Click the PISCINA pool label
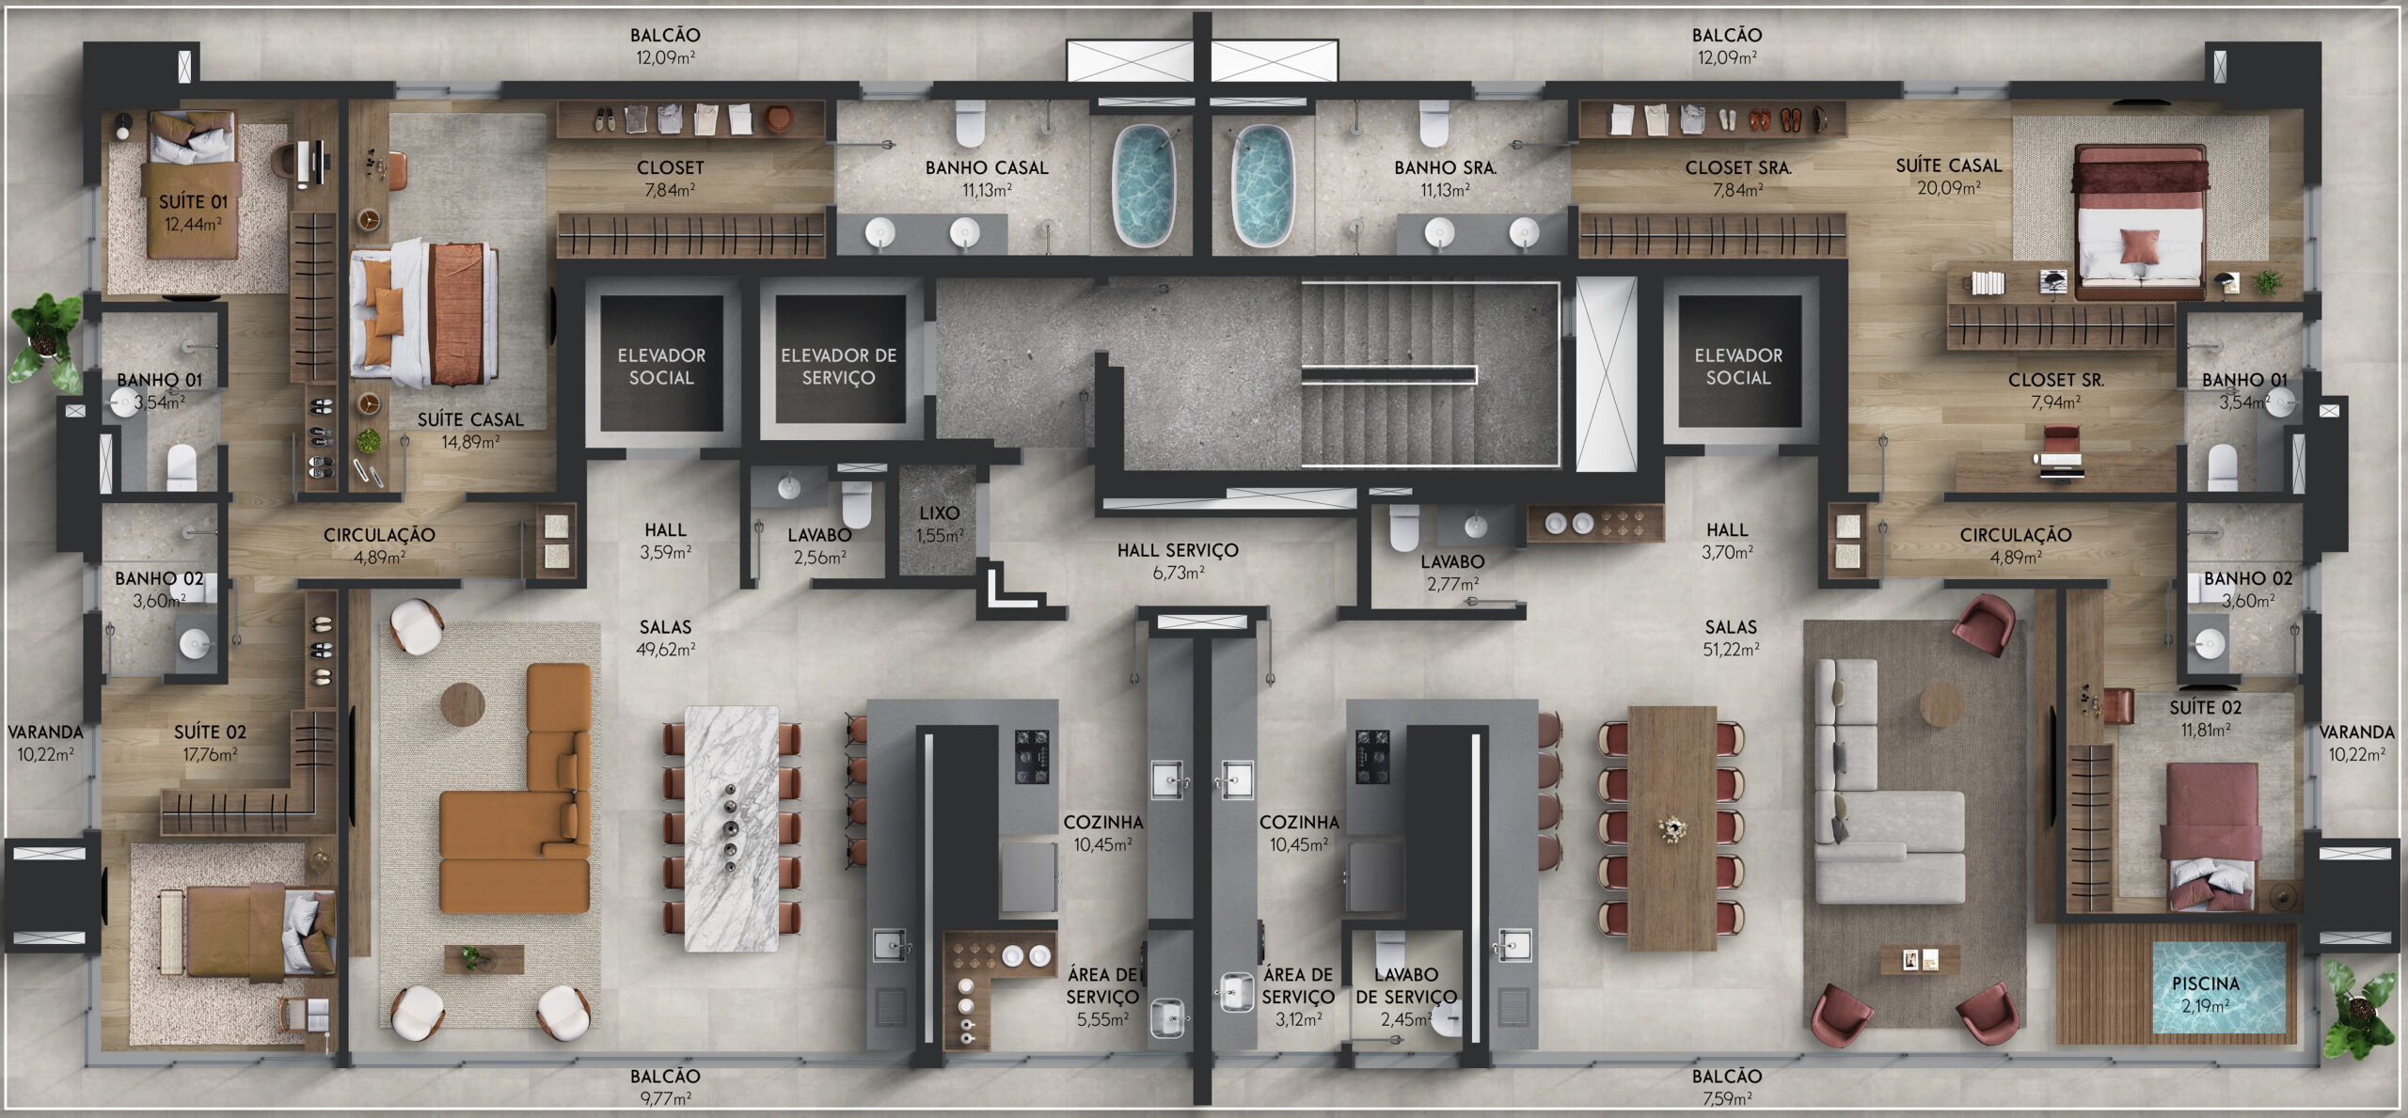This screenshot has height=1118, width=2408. click(x=2205, y=984)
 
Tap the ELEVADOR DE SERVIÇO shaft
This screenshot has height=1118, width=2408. click(x=838, y=359)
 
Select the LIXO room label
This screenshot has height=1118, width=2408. click(x=939, y=513)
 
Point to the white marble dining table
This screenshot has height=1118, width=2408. click(x=732, y=828)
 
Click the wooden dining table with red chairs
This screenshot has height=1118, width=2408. click(x=1671, y=828)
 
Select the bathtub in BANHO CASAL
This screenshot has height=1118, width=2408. click(x=1145, y=186)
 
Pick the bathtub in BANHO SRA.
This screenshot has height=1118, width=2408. click(x=1262, y=186)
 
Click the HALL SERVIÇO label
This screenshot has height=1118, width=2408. click(x=1178, y=550)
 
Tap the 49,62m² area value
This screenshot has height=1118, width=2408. click(x=665, y=650)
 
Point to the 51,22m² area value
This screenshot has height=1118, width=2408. click(x=1731, y=650)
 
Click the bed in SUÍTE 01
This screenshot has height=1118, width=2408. click(x=191, y=184)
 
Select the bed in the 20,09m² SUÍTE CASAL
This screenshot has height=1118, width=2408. click(x=2140, y=222)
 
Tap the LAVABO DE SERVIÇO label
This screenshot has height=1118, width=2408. click(x=1406, y=985)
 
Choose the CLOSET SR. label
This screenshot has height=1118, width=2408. click(x=2055, y=380)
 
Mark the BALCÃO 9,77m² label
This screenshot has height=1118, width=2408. click(x=665, y=1086)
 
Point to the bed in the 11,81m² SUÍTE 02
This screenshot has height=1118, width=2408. click(x=2212, y=837)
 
